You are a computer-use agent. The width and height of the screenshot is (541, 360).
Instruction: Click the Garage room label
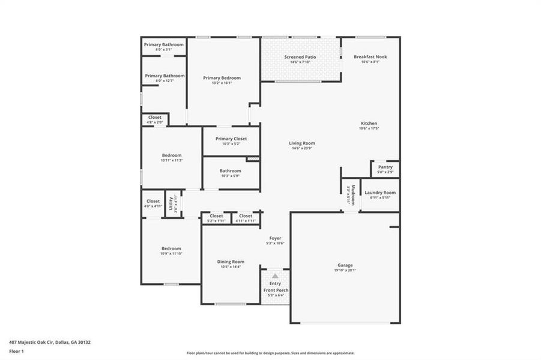coord(345,265)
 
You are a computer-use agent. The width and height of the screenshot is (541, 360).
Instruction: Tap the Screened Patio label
coord(300,57)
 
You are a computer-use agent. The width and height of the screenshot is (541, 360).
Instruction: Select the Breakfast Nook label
coord(370,56)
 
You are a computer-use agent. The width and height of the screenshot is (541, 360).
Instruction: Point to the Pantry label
coord(385,167)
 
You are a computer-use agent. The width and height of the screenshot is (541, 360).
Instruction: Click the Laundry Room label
coord(379,192)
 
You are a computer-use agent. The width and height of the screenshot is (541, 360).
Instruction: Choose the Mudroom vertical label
coord(352,194)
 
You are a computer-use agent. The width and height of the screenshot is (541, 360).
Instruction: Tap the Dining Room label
coord(231,262)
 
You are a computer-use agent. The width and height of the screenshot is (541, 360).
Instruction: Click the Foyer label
coord(275,238)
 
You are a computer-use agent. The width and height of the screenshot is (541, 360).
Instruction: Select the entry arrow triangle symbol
coord(275,275)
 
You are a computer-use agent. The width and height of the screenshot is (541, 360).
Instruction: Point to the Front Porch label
coord(276,290)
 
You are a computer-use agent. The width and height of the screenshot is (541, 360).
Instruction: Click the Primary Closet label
coord(231,139)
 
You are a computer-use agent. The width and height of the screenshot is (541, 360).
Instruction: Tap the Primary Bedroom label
coord(222,77)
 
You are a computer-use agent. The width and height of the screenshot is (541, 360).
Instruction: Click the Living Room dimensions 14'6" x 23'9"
coord(302,148)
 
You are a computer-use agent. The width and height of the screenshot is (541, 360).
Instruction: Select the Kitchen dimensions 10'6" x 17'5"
coord(369,128)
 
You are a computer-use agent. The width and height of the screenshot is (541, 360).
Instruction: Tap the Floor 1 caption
coord(17,350)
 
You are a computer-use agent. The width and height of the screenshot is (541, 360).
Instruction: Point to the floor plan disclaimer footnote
coord(270,353)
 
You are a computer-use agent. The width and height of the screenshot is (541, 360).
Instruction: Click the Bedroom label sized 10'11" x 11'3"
coord(171,155)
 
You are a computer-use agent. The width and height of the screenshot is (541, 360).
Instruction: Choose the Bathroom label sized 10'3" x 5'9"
coord(231,170)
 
